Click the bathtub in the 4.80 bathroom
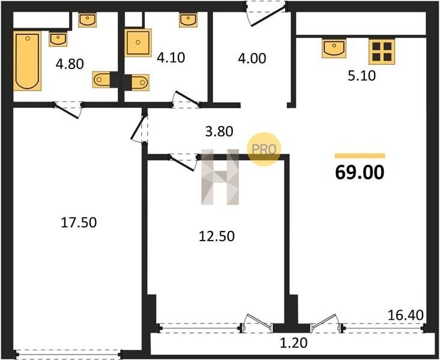pyautogui.click(x=27, y=61)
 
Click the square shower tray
pyautogui.click(x=138, y=43)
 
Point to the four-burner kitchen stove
pyautogui.click(x=382, y=52)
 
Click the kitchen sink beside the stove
pyautogui.click(x=334, y=49)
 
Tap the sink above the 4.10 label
pyautogui.click(x=188, y=20)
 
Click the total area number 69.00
pyautogui.click(x=360, y=172)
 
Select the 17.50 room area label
pyautogui.click(x=79, y=223)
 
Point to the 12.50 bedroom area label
pyautogui.click(x=217, y=236)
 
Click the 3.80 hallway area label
pyautogui.click(x=219, y=131)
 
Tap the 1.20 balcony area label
pyautogui.click(x=294, y=343)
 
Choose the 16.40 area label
pyautogui.click(x=406, y=316)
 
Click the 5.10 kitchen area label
pyautogui.click(x=361, y=76)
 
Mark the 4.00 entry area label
pyautogui.click(x=252, y=59)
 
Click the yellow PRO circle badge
pyautogui.click(x=264, y=149)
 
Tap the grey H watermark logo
pyautogui.click(x=220, y=177)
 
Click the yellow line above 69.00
pyautogui.click(x=360, y=156)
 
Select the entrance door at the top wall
pyautogui.click(x=265, y=13)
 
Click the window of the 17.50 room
pyautogui.click(x=68, y=354)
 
